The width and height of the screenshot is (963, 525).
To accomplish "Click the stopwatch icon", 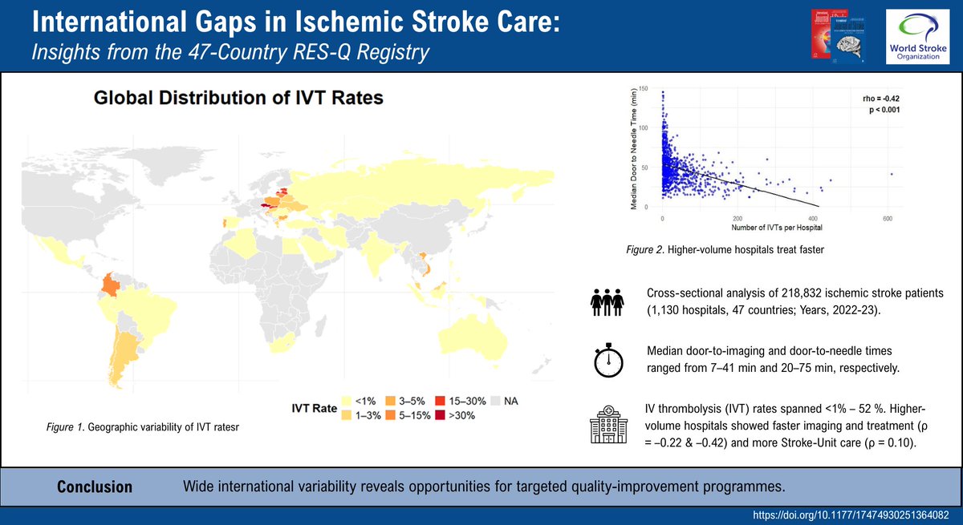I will [x=608, y=362].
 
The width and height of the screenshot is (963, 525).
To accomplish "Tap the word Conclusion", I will [x=95, y=487].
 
